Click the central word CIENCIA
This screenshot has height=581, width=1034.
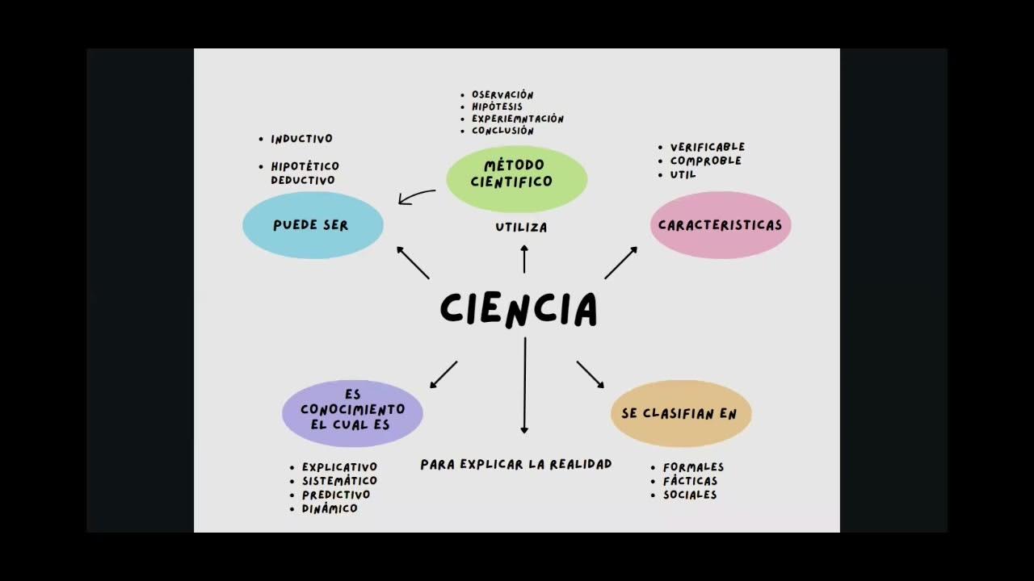(x=519, y=309)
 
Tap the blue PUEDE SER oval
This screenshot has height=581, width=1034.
(x=313, y=225)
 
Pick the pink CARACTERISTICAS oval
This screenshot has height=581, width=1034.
(x=721, y=225)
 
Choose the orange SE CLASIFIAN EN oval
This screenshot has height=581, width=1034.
(x=680, y=414)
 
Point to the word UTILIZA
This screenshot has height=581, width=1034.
(x=521, y=228)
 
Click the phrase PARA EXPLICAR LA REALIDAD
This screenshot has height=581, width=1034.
(x=516, y=464)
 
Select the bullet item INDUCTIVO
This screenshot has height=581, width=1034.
(x=301, y=139)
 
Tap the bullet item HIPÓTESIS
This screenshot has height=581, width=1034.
(x=497, y=107)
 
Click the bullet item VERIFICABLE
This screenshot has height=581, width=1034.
(x=707, y=147)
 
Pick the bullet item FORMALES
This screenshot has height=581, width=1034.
(x=693, y=467)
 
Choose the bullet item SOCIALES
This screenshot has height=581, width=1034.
(x=690, y=495)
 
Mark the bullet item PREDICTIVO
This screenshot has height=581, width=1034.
(x=336, y=495)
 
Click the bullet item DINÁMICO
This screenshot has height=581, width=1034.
(x=330, y=508)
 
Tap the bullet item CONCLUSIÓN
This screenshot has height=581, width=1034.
(x=502, y=131)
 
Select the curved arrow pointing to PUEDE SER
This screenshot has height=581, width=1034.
(x=417, y=196)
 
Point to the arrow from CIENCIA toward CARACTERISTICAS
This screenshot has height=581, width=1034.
(x=620, y=263)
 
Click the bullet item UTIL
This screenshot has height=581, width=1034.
(x=683, y=174)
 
